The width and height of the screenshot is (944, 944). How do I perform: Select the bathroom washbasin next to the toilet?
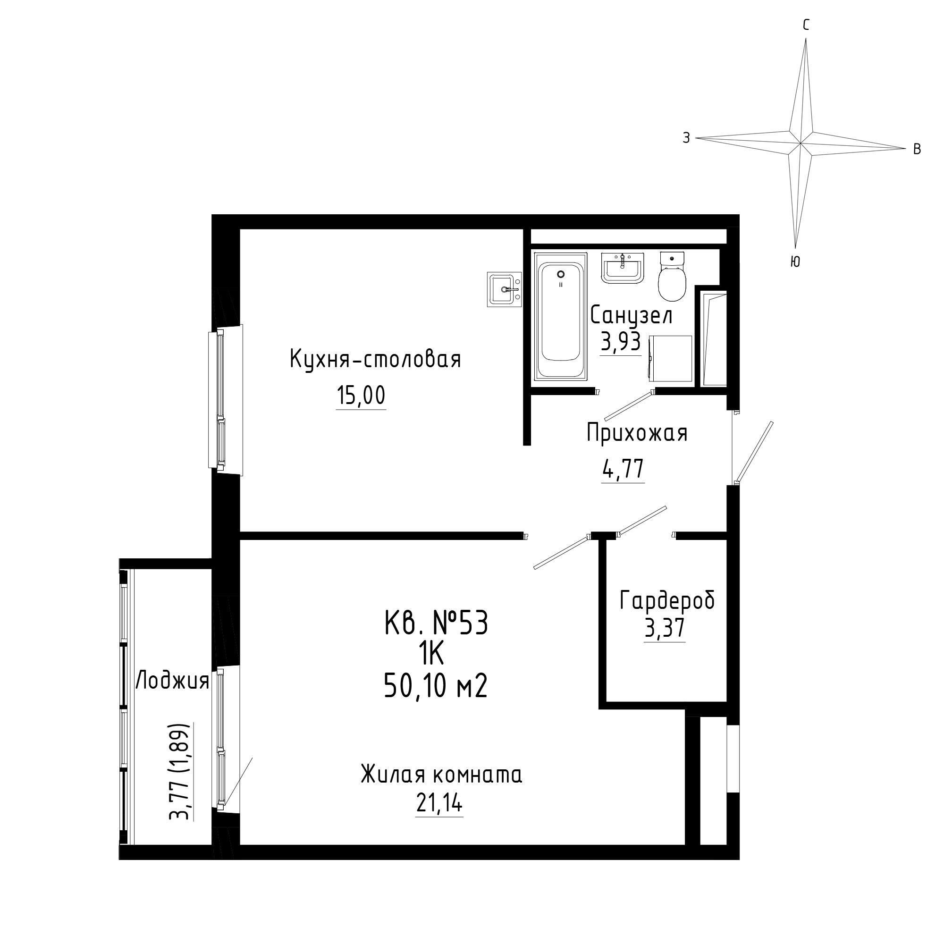[623, 268]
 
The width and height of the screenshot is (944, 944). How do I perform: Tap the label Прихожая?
[637, 433]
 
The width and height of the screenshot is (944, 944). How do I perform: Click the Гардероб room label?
[667, 600]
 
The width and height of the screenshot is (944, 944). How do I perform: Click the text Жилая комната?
[442, 775]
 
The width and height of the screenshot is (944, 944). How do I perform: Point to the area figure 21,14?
[439, 803]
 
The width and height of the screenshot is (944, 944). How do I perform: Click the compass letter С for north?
[806, 25]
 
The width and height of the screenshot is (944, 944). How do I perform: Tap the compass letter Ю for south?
[795, 262]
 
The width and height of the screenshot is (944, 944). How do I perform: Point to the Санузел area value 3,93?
[620, 343]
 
